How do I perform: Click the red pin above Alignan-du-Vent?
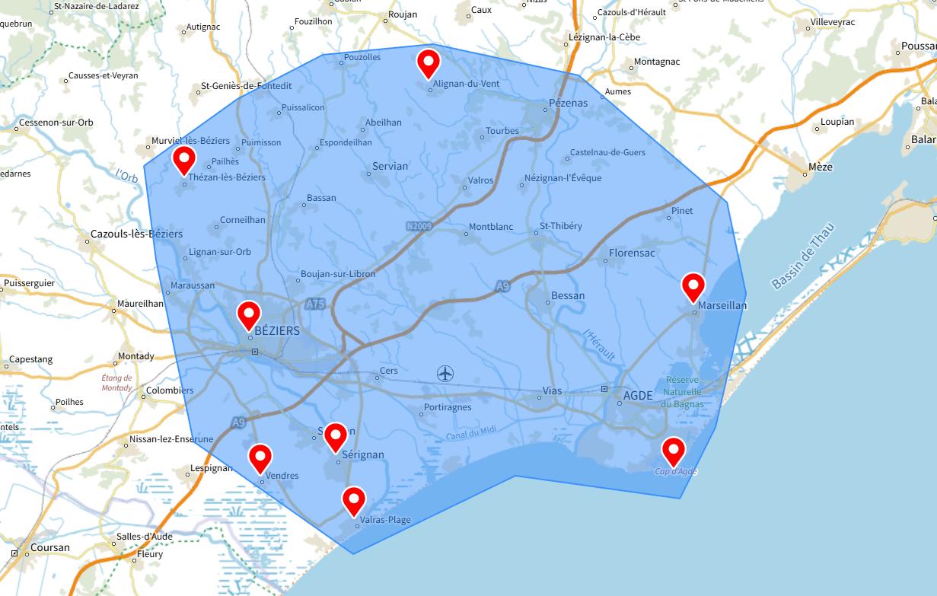pos(429,62)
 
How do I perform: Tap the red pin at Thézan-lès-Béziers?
pos(184,159)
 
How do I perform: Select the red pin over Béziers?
pos(249,313)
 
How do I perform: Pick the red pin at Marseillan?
pos(693,286)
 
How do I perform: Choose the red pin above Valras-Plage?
pos(354,499)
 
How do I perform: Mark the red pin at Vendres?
pos(260,457)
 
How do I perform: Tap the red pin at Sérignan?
pos(336,436)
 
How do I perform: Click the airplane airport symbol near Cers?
pos(445,373)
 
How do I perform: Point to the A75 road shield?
pos(315,304)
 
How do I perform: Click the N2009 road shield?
pos(419,226)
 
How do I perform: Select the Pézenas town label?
pos(568,103)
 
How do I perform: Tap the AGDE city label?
pos(638,396)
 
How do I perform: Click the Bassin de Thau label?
pos(803,256)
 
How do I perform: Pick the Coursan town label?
pos(50,547)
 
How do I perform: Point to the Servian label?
pos(390,166)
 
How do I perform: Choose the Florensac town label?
pos(632,253)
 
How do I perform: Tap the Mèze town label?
pos(821,167)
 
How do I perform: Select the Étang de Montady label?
pos(117,383)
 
